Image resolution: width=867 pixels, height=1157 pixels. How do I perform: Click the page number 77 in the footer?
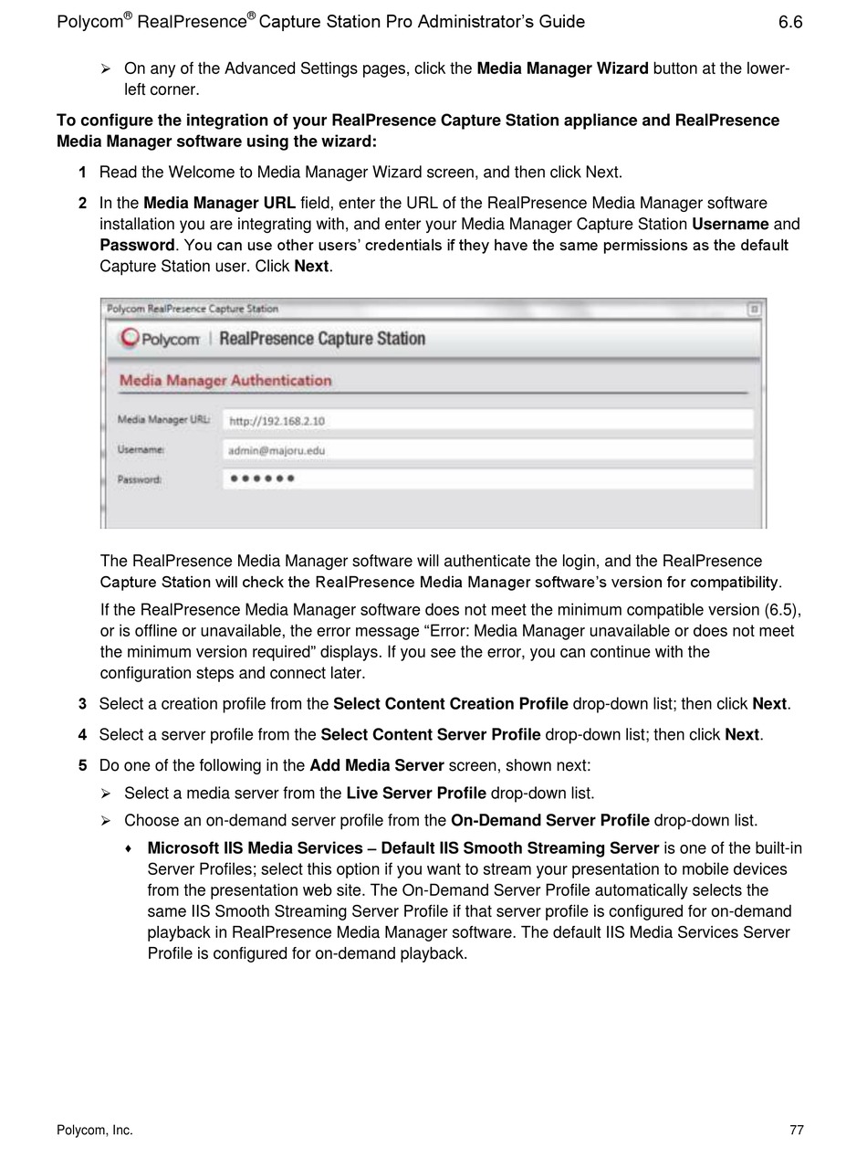[797, 1131]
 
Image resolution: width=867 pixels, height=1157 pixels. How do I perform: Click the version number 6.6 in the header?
[790, 22]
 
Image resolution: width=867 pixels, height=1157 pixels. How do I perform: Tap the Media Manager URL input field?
[487, 420]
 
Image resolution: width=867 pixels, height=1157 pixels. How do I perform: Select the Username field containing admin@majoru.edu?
[487, 450]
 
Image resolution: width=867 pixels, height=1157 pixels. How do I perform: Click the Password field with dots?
[487, 479]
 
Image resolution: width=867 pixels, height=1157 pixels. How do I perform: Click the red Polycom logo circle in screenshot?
[131, 338]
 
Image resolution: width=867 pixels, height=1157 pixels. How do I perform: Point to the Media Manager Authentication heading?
[225, 381]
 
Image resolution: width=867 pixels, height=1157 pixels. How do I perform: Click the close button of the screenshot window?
[754, 310]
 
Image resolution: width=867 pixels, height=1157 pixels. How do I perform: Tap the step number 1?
[83, 173]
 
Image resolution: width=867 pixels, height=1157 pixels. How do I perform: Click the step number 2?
[83, 204]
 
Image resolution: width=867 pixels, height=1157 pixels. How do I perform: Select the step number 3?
[83, 704]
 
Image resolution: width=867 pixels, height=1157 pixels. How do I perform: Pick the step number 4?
[83, 735]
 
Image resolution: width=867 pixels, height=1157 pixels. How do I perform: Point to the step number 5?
[83, 765]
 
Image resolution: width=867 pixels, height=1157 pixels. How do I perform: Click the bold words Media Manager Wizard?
[562, 68]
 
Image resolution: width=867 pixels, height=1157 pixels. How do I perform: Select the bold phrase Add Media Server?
[376, 765]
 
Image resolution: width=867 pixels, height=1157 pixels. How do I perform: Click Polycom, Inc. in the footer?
[95, 1131]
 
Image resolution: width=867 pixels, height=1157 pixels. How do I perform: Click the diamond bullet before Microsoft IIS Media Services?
[129, 849]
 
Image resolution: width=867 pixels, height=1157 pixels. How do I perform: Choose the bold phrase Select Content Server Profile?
[430, 735]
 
